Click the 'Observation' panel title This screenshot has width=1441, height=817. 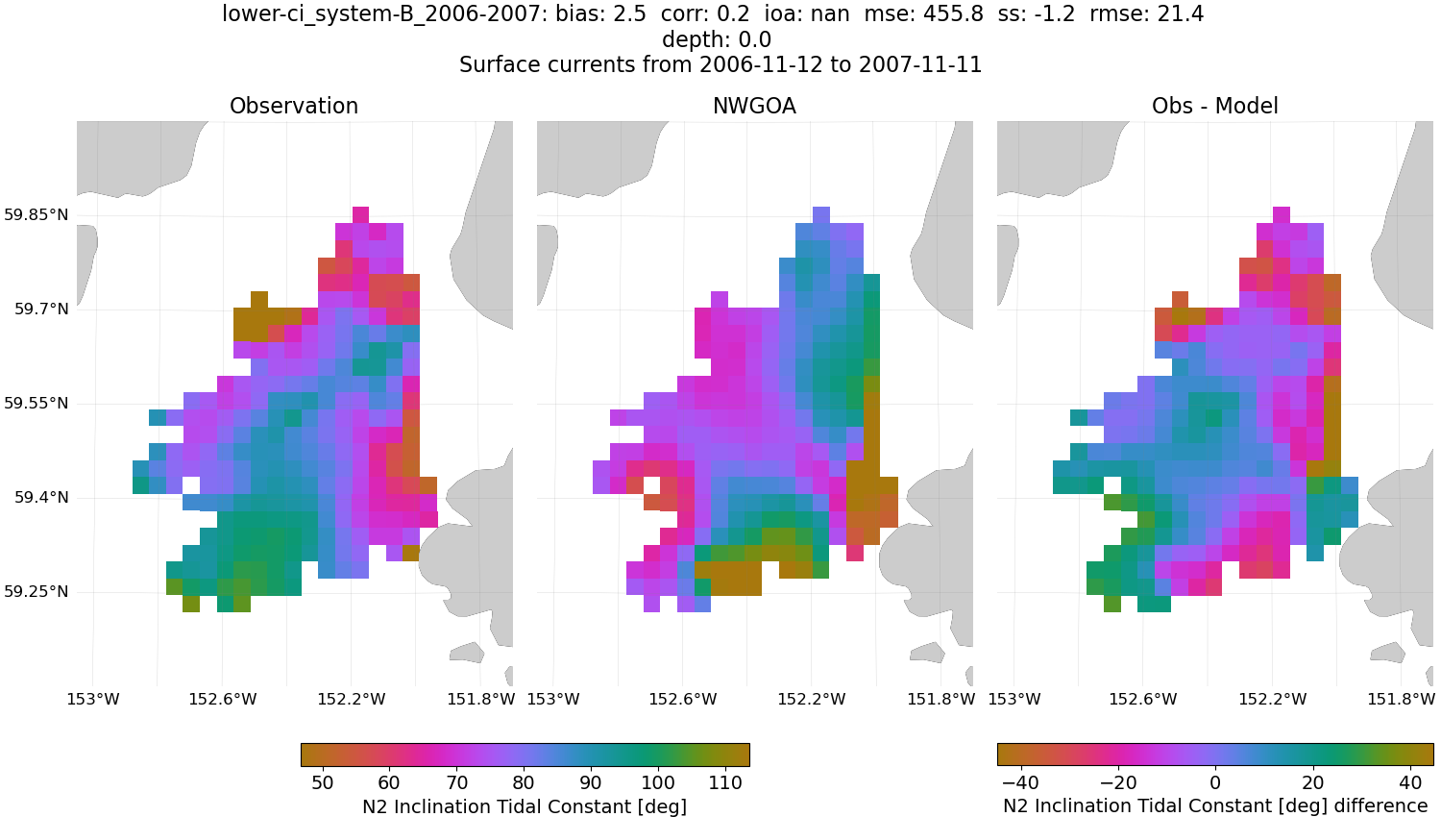(x=294, y=106)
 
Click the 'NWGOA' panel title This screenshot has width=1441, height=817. (x=754, y=106)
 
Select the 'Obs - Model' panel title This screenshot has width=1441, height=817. (x=1214, y=106)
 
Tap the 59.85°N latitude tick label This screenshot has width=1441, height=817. (x=37, y=214)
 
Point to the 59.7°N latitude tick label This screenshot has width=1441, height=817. (x=41, y=309)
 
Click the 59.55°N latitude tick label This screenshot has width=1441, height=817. (x=37, y=403)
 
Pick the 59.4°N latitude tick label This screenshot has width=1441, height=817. (x=41, y=497)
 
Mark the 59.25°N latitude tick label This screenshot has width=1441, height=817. (x=37, y=591)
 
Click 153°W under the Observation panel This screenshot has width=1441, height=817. (x=93, y=699)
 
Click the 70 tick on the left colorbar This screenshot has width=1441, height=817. (x=456, y=782)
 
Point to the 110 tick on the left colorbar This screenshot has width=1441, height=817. (x=725, y=782)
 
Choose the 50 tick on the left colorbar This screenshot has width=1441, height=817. (x=323, y=782)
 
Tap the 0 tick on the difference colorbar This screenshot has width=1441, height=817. (x=1215, y=782)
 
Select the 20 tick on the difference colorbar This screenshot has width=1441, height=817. (x=1312, y=782)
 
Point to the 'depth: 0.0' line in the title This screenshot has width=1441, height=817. (x=717, y=39)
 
